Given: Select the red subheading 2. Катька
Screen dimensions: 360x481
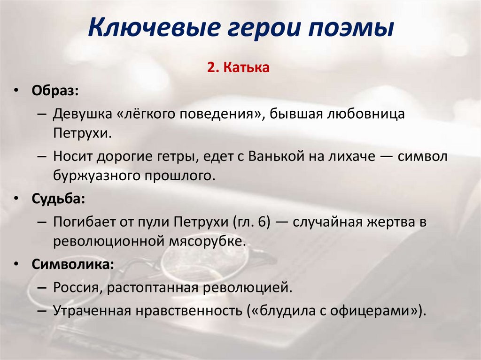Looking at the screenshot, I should coord(238,69).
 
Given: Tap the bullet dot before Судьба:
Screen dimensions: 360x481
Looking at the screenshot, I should coord(16,199).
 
